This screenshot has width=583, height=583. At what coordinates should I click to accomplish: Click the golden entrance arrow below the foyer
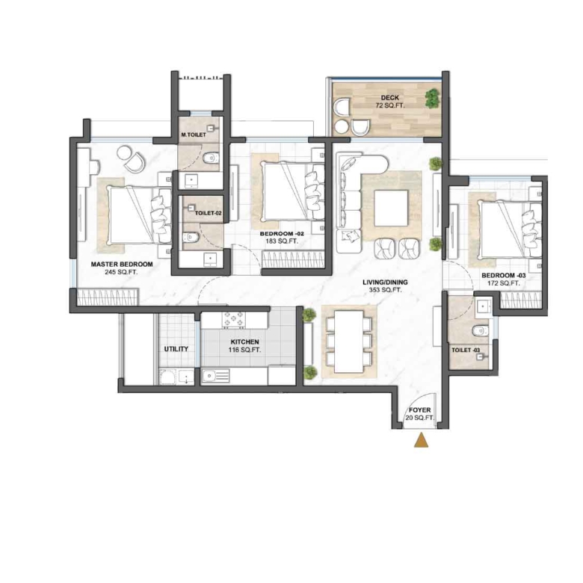click(x=421, y=439)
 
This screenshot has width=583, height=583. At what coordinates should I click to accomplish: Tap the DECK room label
click(x=389, y=98)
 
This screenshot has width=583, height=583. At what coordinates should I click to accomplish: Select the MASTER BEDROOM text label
click(x=122, y=265)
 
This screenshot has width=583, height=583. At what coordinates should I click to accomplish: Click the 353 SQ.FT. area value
click(x=385, y=290)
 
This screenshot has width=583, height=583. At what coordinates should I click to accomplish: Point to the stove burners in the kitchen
click(x=234, y=320)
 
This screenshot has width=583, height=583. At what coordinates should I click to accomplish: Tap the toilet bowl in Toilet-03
click(x=480, y=330)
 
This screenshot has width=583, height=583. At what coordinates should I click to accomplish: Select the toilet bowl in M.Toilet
click(x=212, y=158)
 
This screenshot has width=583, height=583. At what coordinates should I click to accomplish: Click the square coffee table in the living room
click(x=391, y=208)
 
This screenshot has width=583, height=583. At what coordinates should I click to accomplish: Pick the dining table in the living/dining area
click(x=349, y=342)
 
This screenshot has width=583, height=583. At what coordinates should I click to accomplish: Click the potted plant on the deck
click(x=432, y=98)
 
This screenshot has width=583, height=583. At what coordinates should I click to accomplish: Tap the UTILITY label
click(x=176, y=349)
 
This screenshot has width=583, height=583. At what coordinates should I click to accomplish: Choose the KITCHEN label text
click(x=244, y=342)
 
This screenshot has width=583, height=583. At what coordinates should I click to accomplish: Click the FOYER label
click(x=420, y=410)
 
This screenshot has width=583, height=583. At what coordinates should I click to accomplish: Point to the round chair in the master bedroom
click(x=134, y=161)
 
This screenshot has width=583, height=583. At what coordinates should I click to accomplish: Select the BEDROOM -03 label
click(x=504, y=276)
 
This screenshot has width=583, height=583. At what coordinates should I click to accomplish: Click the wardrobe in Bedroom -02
click(x=293, y=259)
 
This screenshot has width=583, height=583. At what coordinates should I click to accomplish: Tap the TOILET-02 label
click(x=209, y=214)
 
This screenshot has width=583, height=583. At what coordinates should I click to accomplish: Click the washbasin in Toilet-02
click(x=211, y=259)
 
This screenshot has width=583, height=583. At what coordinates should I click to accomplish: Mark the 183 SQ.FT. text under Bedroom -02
click(x=282, y=241)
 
